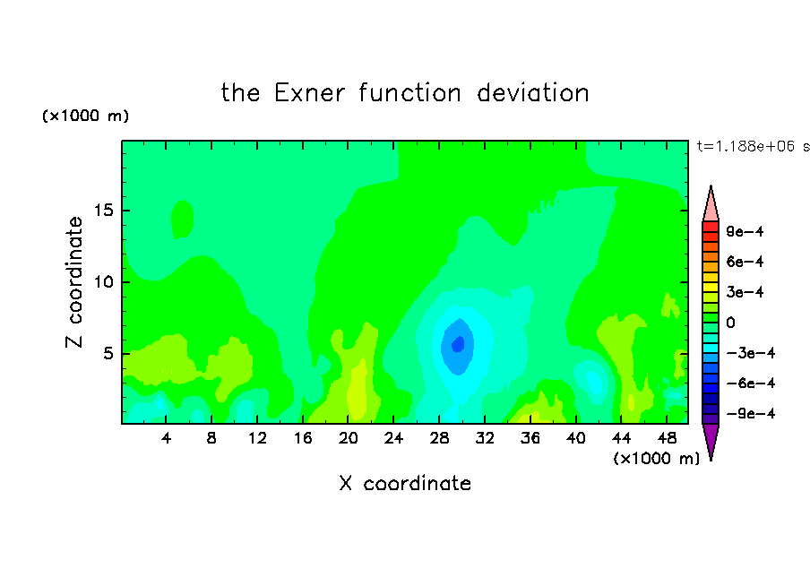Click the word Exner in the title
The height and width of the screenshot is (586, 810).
[x=309, y=93]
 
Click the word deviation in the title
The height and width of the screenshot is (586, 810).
[x=532, y=93]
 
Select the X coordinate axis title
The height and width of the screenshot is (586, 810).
[x=405, y=483]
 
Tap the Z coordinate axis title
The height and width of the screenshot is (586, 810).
[x=73, y=281]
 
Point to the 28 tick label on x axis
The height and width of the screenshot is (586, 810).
[x=439, y=438]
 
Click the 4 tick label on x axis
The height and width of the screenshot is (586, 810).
[x=166, y=438]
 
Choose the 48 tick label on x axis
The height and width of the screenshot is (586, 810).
[x=667, y=438]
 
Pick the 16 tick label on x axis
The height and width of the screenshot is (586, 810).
[x=303, y=438]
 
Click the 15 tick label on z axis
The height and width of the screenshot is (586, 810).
[x=104, y=211]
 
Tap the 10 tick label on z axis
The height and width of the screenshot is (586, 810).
[x=104, y=282]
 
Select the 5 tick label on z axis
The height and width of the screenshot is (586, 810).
[x=108, y=353]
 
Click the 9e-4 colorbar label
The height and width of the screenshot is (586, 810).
[x=745, y=231]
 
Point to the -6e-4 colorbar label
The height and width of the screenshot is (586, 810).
[x=751, y=383]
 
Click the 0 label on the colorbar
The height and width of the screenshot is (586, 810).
[x=730, y=323]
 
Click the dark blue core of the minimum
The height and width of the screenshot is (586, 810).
[x=458, y=344]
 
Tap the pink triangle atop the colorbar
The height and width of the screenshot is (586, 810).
[x=711, y=205]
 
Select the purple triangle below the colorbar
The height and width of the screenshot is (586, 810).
[x=711, y=440]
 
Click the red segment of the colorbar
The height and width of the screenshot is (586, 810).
[x=711, y=227]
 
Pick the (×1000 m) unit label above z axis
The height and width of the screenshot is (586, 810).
[x=85, y=116]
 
